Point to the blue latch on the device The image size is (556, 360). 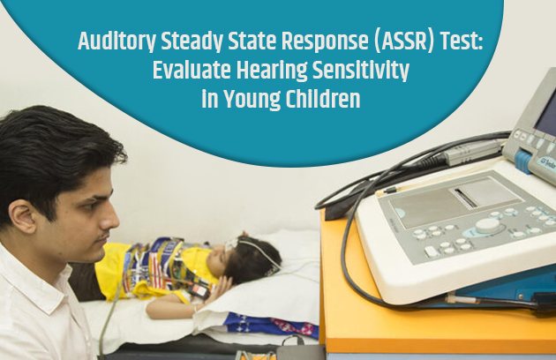click(524, 162)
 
